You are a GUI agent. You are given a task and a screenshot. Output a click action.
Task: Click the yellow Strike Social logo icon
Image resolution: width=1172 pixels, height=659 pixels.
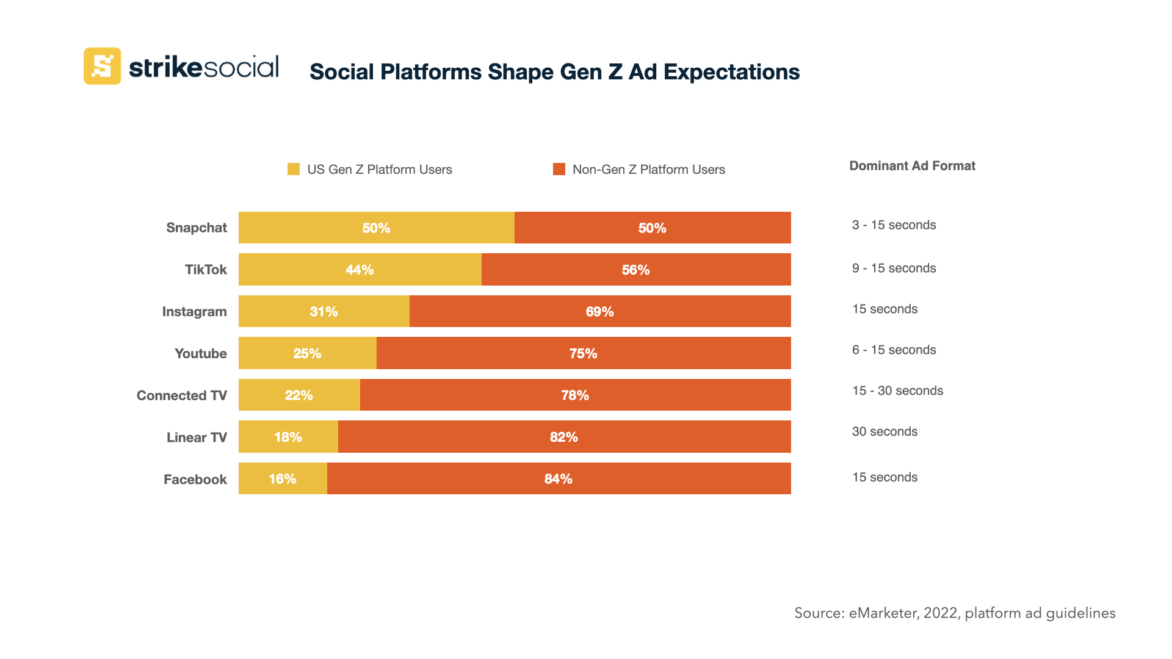102,66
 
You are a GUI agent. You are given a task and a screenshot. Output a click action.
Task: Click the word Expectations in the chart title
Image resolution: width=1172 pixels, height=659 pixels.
731,72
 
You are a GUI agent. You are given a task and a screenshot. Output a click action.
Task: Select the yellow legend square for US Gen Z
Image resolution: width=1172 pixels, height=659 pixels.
294,169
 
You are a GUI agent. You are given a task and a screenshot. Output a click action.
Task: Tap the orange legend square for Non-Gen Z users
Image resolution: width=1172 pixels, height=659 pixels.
559,169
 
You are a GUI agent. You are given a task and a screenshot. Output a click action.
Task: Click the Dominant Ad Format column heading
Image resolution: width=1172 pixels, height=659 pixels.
912,166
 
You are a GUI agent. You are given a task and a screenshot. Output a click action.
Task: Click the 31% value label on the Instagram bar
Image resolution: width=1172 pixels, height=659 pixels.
324,311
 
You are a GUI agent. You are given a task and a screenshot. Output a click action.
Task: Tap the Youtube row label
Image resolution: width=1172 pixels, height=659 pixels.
200,353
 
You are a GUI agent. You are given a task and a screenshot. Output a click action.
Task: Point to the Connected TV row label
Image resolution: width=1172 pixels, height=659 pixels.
181,395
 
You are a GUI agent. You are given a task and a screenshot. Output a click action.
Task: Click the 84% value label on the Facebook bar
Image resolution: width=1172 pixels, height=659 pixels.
558,479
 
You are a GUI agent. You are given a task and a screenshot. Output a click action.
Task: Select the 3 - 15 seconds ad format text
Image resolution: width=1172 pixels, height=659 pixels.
894,225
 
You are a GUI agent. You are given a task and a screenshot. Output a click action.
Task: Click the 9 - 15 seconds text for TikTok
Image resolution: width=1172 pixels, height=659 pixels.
894,268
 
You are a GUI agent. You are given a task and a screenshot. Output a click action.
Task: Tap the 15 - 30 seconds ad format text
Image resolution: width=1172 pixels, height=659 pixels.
897,391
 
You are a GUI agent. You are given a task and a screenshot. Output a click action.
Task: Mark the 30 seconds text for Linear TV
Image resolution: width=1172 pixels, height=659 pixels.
884,431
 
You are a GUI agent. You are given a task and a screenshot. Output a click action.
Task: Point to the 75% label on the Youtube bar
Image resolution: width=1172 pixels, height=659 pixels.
583,353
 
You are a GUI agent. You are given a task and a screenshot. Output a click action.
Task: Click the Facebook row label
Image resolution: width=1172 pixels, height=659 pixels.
195,480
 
